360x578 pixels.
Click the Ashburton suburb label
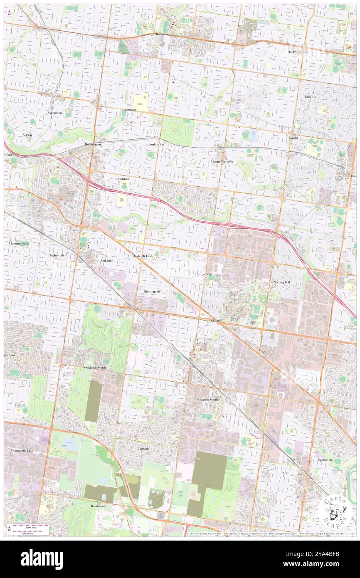[x=54, y=113]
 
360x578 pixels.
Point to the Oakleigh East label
[x=142, y=256]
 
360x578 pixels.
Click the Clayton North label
[x=205, y=274]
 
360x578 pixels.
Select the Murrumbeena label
[x=19, y=243]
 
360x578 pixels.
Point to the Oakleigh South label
[x=95, y=368]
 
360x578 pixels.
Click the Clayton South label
[x=208, y=399]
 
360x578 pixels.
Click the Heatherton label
[x=99, y=506]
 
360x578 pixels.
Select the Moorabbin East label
[x=22, y=450]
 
